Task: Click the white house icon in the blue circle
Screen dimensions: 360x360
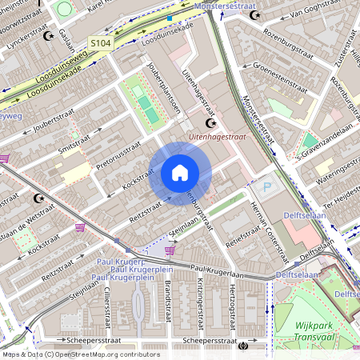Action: click(180, 173)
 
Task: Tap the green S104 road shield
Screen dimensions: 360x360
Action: click(100, 42)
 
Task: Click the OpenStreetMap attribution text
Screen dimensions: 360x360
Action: click(80, 354)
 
